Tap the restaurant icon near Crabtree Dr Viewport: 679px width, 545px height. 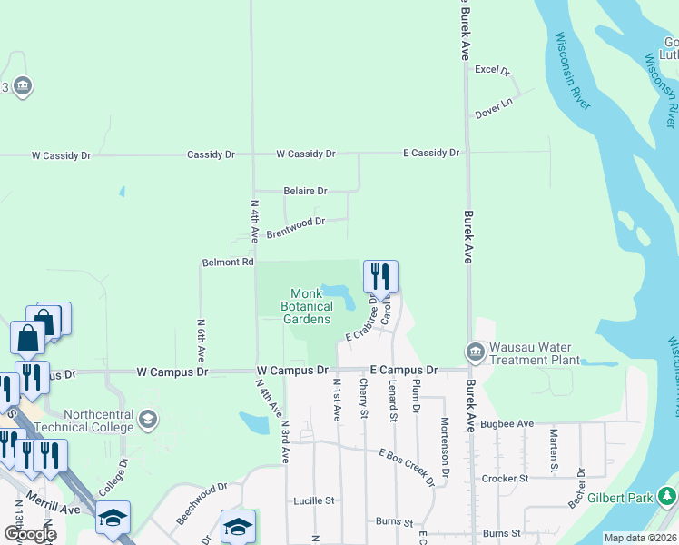(381, 276)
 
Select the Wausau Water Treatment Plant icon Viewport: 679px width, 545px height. (475, 352)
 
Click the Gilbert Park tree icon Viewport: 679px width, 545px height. (668, 496)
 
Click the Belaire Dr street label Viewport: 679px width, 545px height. (305, 191)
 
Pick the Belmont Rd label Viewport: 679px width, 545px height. (227, 262)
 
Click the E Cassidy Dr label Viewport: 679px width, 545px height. (431, 153)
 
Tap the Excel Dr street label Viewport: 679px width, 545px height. (493, 70)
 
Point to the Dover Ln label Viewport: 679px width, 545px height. (495, 104)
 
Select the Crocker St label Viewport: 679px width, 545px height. (507, 478)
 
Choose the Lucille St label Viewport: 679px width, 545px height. (314, 500)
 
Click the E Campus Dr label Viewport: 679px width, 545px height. (404, 371)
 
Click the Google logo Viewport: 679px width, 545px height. (29, 534)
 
